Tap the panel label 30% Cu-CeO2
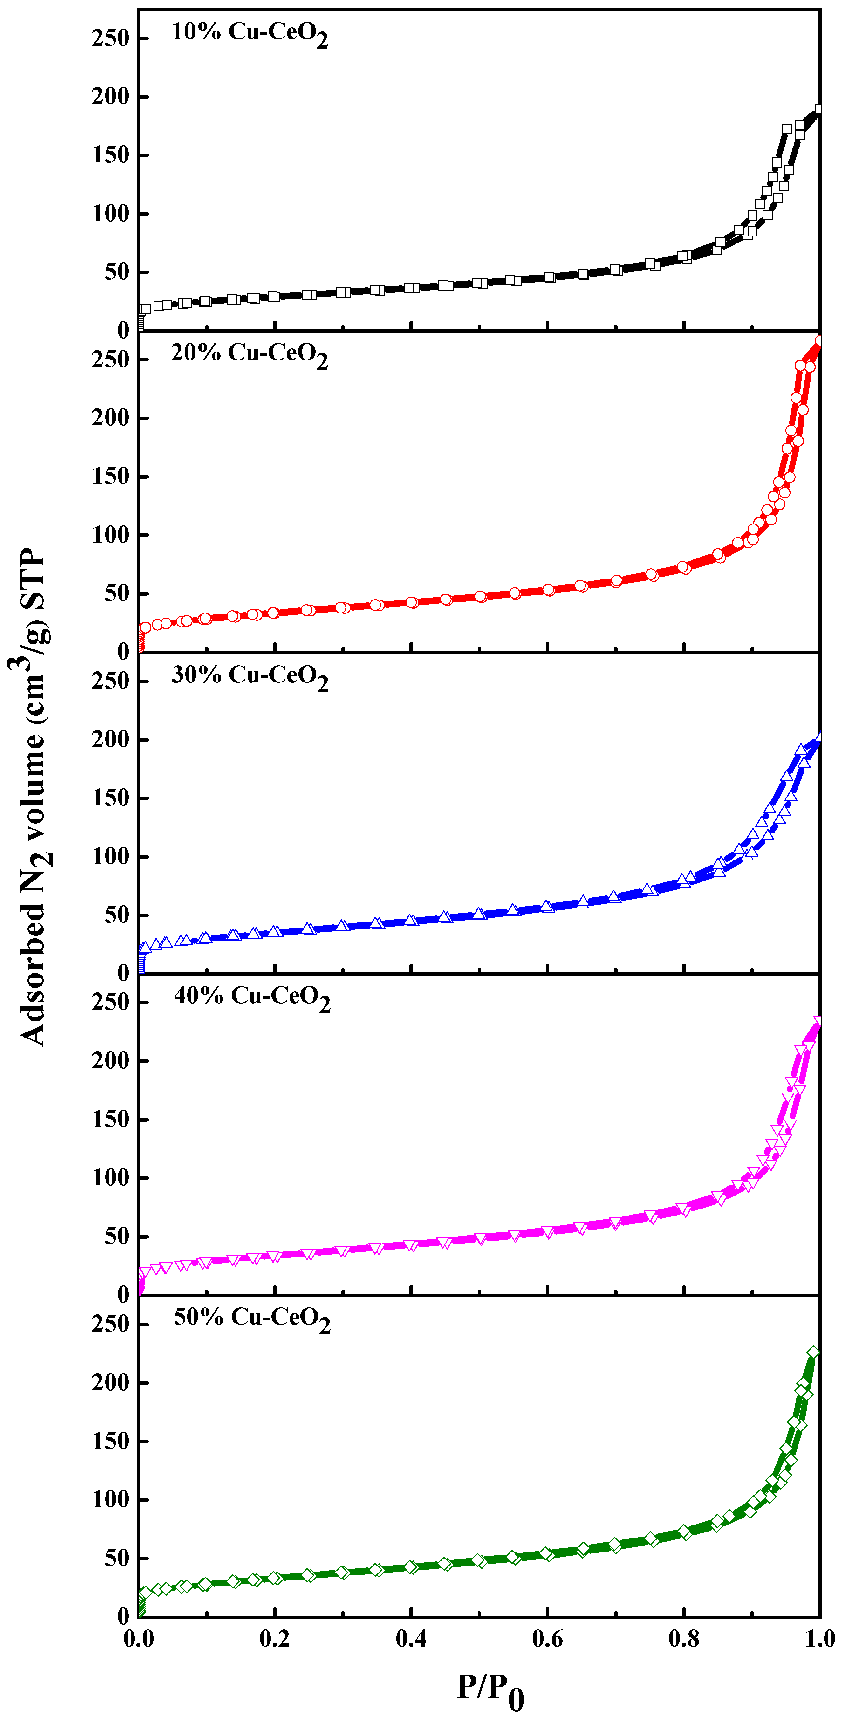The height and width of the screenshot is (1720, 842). tap(250, 676)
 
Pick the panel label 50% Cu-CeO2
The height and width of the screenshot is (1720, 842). tap(252, 1319)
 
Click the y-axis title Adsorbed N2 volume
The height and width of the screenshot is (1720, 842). tap(33, 798)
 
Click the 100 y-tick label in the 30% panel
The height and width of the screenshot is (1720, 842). tap(110, 857)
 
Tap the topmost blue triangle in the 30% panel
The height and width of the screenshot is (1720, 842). tap(818, 737)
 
